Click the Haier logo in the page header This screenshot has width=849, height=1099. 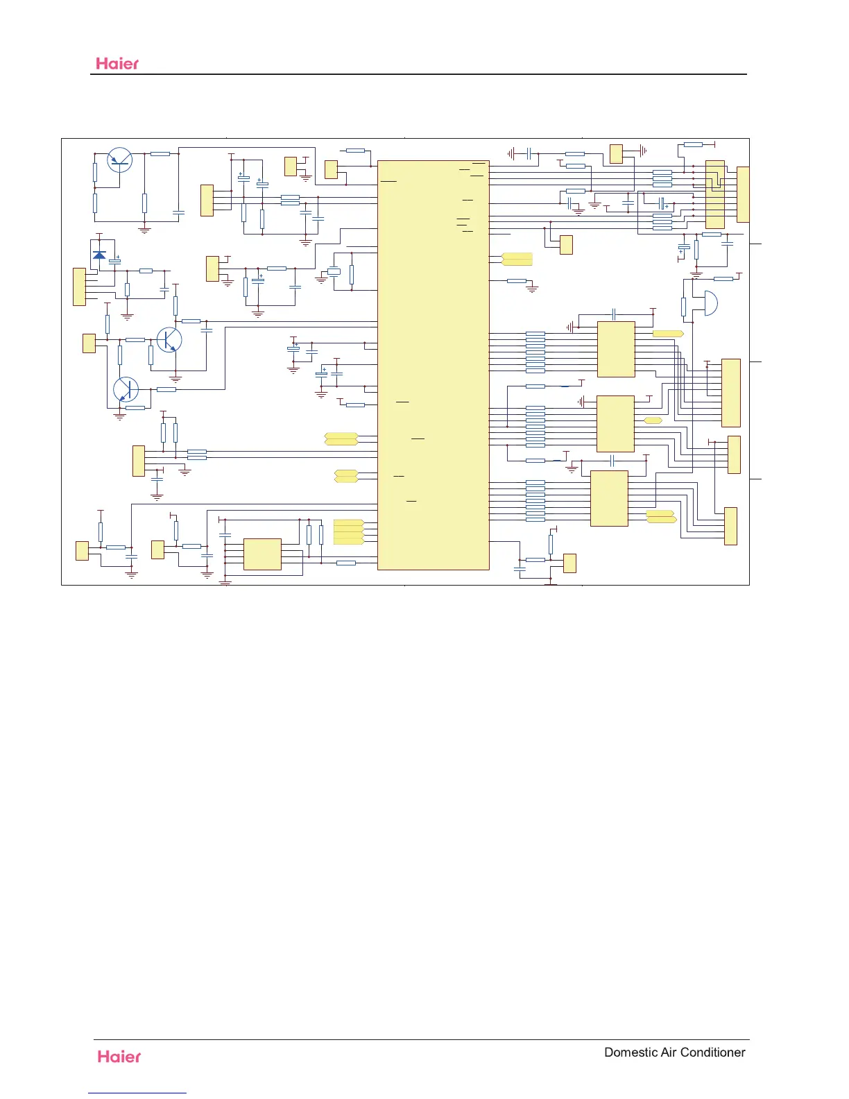tap(117, 63)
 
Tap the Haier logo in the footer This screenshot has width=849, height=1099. tap(119, 1056)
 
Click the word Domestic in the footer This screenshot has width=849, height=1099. tap(631, 1052)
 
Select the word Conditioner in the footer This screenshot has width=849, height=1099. tap(712, 1052)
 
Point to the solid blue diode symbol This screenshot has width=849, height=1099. tap(99, 255)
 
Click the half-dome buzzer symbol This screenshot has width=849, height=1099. tap(710, 303)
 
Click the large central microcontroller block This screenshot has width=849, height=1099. tap(433, 365)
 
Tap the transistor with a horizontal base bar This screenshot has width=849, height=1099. tap(120, 160)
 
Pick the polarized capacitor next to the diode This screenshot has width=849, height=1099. tap(115, 261)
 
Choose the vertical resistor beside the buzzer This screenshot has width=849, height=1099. tap(684, 306)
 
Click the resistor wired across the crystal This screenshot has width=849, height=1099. tap(352, 274)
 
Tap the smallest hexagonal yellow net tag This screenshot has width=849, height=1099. tap(653, 420)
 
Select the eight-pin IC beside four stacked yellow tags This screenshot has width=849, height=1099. tap(262, 554)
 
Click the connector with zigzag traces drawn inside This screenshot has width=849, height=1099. tap(715, 194)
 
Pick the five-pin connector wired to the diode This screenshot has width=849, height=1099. tap(79, 287)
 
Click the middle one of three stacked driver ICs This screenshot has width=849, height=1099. tap(615, 423)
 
